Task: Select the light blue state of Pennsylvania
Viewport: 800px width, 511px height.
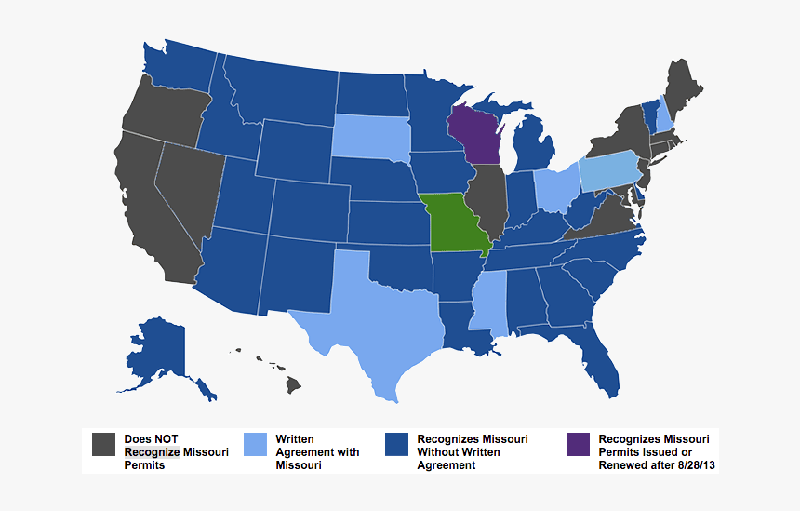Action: (x=614, y=169)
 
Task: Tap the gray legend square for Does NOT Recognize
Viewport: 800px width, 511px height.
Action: (x=103, y=445)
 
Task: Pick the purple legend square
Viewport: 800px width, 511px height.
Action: (x=578, y=445)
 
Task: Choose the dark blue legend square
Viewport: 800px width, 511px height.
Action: (x=396, y=445)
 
